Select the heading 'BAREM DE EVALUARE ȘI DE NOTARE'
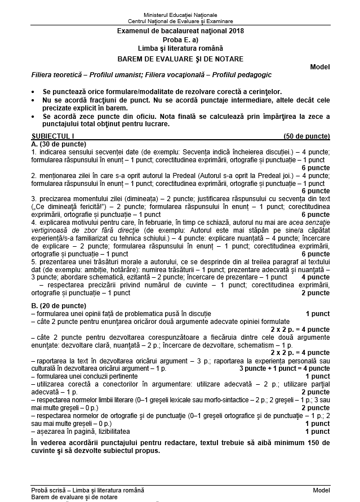(x=180, y=59)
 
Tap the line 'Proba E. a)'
(x=180, y=41)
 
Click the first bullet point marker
(x=34, y=91)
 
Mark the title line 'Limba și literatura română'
(x=180, y=50)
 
